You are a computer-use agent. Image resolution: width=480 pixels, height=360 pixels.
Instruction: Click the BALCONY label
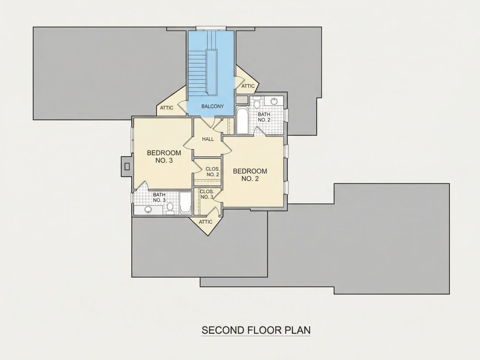tap(213, 106)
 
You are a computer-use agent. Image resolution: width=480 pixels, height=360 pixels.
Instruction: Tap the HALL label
tap(208, 139)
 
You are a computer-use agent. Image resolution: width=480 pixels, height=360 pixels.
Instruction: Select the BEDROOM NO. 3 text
tap(164, 156)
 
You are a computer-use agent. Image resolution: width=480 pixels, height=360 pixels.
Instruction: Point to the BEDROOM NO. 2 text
tap(250, 175)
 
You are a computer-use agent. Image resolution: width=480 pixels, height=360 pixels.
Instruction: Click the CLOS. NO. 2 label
tap(213, 172)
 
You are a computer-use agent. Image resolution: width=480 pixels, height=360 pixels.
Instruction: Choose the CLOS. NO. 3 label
tap(207, 194)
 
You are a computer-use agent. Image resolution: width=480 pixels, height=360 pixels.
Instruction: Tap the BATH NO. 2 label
tap(264, 117)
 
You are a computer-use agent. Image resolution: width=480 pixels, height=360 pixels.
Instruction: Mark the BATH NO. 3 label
tap(159, 197)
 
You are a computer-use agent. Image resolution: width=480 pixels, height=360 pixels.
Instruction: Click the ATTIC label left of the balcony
tap(167, 108)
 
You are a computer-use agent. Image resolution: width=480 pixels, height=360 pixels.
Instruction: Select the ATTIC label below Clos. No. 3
tap(206, 222)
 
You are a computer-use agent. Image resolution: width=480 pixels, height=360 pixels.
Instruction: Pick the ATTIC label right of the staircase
tap(248, 86)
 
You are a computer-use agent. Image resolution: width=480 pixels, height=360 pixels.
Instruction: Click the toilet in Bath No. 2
tap(257, 103)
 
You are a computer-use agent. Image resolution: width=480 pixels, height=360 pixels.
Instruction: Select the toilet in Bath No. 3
tap(170, 208)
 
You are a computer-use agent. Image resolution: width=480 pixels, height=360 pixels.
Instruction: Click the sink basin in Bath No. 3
tap(148, 210)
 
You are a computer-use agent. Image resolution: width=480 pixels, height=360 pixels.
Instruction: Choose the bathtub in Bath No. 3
tap(185, 203)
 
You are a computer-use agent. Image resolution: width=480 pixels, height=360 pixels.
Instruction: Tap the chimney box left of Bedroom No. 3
tap(127, 166)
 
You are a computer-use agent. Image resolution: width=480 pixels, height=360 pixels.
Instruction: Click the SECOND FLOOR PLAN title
tap(256, 330)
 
